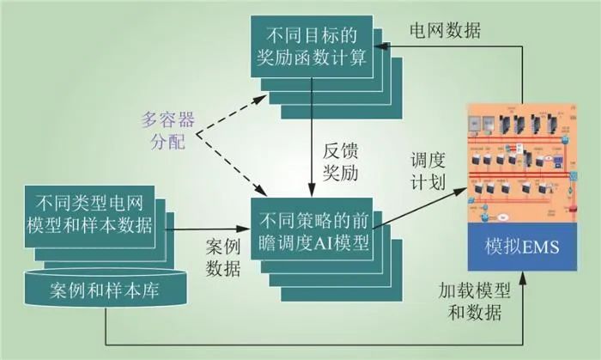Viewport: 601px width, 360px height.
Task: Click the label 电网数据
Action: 444,31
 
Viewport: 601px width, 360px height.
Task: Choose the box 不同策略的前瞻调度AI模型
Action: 311,225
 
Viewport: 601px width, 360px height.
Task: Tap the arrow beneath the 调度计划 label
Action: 421,200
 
